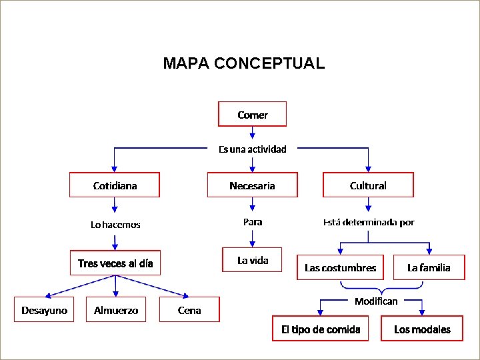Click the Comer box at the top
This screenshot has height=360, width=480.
pos(252,114)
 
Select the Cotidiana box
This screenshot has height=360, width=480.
pos(115,185)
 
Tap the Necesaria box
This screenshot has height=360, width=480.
pos(252,185)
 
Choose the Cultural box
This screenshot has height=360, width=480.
pos(368,185)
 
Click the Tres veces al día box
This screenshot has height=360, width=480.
pos(115,263)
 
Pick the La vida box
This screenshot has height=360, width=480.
pos(253,260)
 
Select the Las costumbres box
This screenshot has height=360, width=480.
pos(340,267)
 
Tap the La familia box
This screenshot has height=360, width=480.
pos(429,267)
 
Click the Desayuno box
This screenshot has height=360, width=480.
pos(44,310)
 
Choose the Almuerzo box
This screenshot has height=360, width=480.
pos(116,310)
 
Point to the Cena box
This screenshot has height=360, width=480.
pos(189,310)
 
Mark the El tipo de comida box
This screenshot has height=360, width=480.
pos(321,329)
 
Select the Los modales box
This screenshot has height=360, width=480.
pos(422,329)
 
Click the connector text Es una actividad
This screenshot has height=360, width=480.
pos(253,149)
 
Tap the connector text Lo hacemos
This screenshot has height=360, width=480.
pos(115,225)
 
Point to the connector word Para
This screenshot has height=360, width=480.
pos(253,221)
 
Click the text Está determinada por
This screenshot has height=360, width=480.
pos(368,222)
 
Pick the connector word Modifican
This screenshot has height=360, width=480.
pos(376,301)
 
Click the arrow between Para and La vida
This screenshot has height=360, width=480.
pos(253,238)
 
